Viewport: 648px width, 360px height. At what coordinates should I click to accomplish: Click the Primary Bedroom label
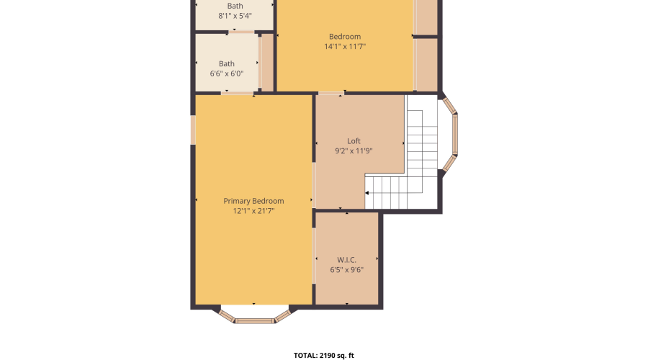point(253,201)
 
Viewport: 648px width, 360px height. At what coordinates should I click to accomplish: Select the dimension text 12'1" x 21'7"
point(253,211)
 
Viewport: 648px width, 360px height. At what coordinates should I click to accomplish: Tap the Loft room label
point(354,141)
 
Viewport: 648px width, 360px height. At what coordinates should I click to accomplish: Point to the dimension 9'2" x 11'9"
point(354,151)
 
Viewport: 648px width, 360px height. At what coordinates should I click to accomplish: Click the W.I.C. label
point(346,260)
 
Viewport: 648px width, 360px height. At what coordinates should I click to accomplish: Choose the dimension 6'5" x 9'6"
point(346,270)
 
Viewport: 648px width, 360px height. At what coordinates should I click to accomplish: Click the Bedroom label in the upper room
point(345,37)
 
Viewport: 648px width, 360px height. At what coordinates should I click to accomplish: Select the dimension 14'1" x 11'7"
point(345,47)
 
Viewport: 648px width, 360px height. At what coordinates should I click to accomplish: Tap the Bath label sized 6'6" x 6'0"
point(227,63)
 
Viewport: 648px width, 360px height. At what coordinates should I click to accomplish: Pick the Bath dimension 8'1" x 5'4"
point(235,16)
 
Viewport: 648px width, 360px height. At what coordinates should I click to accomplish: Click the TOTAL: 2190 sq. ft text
point(324,355)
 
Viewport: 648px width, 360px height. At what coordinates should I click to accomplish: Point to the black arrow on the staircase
point(368,193)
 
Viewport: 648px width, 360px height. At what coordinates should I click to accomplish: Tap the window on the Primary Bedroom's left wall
point(193,130)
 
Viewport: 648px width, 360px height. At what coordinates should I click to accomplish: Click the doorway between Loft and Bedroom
point(331,93)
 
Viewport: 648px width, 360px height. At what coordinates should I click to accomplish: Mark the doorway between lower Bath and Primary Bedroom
point(238,93)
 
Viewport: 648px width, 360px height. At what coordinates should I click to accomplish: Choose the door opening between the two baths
point(243,32)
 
